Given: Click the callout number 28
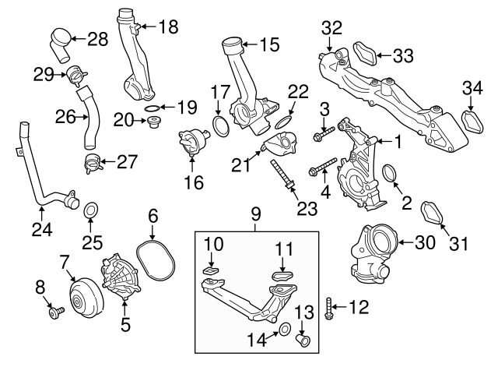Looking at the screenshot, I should pos(97,37).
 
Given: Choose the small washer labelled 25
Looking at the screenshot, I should pos(90,210).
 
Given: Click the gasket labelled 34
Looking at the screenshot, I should pos(470,122).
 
